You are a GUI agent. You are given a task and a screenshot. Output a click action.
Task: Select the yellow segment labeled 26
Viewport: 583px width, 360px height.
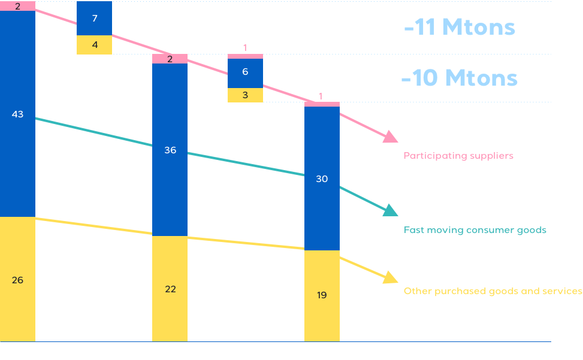(17, 279)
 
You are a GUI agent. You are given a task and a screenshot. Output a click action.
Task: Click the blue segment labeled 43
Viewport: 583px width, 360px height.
(17, 114)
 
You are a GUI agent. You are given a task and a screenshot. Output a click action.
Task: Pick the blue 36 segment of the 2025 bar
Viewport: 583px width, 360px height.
(170, 150)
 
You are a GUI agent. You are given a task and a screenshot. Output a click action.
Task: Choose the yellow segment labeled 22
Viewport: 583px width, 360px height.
(170, 289)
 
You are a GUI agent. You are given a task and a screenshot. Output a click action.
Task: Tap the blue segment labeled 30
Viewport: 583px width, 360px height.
(322, 178)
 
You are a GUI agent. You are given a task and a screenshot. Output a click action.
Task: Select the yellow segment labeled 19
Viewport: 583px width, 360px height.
(322, 295)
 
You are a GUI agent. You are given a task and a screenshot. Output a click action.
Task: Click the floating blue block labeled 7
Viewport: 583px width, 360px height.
(95, 19)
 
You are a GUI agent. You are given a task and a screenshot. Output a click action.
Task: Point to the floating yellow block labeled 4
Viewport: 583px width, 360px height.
(95, 45)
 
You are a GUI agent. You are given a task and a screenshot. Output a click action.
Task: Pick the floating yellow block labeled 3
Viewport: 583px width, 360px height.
(245, 95)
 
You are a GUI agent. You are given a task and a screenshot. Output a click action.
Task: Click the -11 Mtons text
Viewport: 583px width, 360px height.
(460, 28)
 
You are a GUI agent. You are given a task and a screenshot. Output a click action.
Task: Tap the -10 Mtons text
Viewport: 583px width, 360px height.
(459, 78)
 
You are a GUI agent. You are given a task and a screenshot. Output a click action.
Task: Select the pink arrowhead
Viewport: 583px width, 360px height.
(391, 137)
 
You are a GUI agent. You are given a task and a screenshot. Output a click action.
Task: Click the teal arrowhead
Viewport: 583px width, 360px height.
(390, 210)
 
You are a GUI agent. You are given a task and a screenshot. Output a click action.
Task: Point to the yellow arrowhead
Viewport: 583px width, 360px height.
(391, 277)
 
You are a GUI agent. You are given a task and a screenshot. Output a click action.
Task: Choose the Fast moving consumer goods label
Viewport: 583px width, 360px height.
(475, 230)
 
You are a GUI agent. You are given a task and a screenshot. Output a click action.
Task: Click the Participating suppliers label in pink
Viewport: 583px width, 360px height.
(458, 156)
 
